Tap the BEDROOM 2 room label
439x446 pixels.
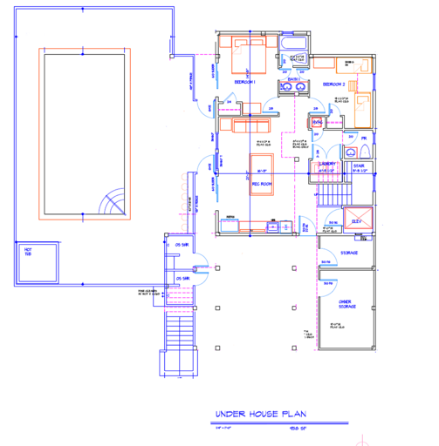tap(333, 84)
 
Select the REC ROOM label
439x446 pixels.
tap(264, 185)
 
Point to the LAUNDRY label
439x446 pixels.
tap(328, 164)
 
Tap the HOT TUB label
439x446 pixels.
tap(27, 252)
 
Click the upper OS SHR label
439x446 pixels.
tap(182, 246)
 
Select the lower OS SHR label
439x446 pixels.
tap(182, 278)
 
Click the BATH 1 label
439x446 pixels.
tap(292, 80)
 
